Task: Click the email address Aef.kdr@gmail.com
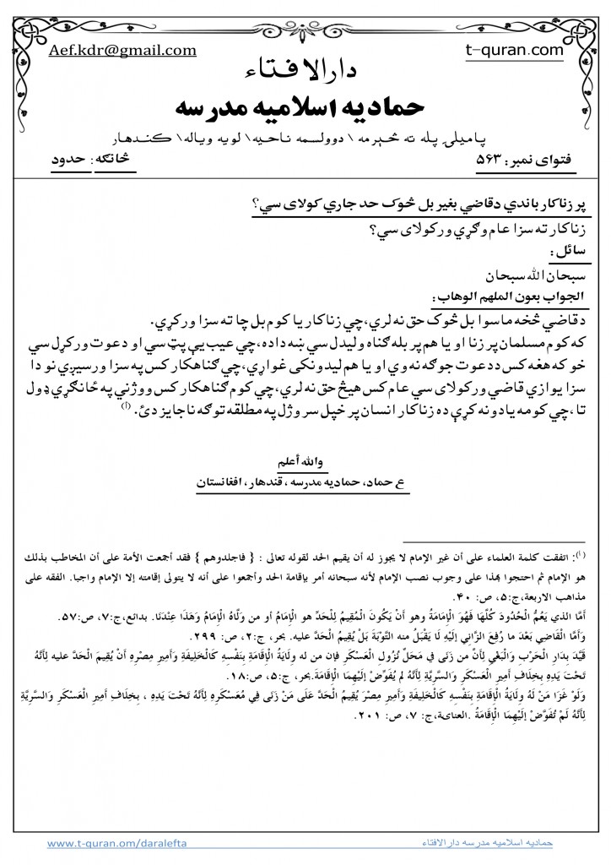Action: coord(123,50)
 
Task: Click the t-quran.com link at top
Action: coord(514,50)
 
